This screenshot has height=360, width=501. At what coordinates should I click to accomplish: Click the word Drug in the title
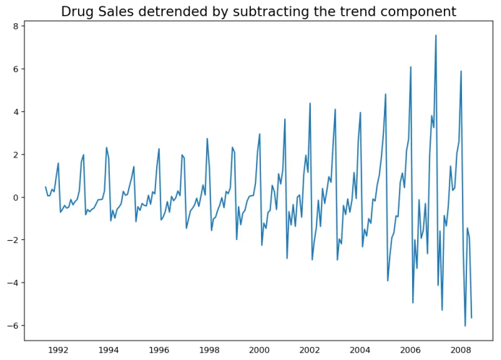[77, 12]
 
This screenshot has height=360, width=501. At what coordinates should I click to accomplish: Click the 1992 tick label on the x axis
[59, 350]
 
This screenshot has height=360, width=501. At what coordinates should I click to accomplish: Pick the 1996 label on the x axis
[159, 350]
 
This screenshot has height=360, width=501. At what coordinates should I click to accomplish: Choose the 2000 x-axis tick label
[260, 350]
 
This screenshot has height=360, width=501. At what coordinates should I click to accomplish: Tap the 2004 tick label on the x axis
[360, 350]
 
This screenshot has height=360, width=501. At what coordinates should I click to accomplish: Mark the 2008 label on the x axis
[461, 350]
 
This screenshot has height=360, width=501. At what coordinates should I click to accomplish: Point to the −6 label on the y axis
[13, 326]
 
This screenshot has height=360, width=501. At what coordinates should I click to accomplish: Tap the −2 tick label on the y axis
[13, 240]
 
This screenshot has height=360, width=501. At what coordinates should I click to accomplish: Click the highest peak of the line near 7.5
[436, 35]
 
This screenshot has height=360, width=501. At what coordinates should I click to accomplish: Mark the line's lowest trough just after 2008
[465, 326]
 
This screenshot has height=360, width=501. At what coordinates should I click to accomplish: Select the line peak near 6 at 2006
[411, 67]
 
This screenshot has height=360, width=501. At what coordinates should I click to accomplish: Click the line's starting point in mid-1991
[46, 187]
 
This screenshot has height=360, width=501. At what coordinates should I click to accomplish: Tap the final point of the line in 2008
[471, 317]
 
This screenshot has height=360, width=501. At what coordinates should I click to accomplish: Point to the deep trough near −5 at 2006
[413, 302]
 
